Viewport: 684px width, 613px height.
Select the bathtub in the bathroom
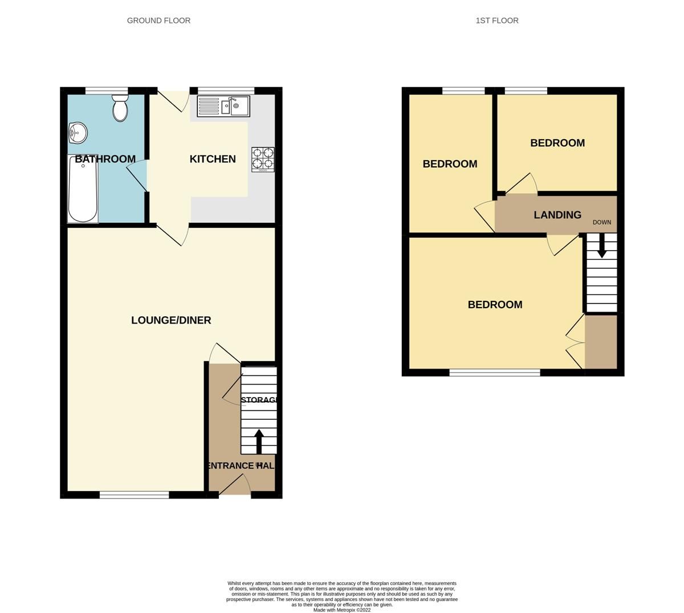83,189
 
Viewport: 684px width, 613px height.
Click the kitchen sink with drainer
223,106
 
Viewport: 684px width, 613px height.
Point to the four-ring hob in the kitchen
263,160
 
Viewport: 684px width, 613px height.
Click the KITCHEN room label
213,159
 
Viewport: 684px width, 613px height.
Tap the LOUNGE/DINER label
171,320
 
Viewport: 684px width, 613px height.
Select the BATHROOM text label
105,159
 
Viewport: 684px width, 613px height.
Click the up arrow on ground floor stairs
259,441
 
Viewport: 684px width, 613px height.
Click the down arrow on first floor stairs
601,246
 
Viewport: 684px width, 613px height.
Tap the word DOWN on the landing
601,222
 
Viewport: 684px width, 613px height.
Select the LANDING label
557,215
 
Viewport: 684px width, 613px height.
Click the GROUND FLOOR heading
158,21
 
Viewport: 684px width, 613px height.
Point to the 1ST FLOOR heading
497,21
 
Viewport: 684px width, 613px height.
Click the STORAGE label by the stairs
259,400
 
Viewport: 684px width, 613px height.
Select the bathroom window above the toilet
107,90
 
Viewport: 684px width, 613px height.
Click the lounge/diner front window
134,495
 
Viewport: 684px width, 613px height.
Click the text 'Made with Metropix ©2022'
342,610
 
